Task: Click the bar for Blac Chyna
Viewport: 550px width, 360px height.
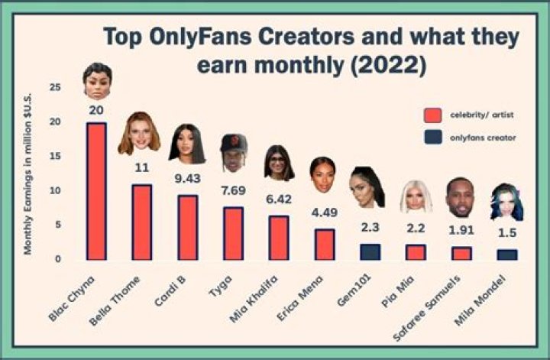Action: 95,191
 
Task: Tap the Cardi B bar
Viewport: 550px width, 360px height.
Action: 187,228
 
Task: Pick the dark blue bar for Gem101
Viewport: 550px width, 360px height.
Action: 370,252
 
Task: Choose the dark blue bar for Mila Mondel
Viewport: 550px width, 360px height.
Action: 506,255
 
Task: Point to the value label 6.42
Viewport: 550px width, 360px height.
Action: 279,199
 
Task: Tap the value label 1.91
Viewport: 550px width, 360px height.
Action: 461,230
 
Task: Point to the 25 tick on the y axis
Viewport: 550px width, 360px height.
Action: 55,87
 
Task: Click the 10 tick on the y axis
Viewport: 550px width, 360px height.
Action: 55,190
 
